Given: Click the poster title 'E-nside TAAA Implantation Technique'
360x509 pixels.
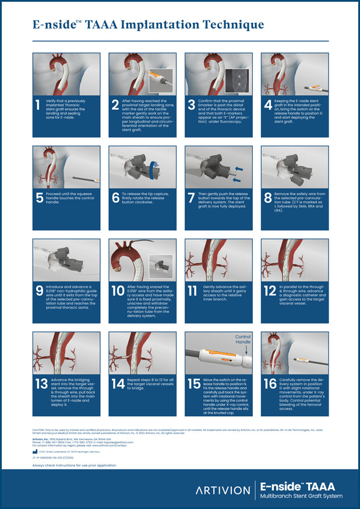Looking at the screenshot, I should pyautogui.click(x=148, y=24).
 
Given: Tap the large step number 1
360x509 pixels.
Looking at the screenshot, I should pyautogui.click(x=38, y=106).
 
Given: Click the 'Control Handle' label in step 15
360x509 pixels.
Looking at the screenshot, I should pyautogui.click(x=243, y=340).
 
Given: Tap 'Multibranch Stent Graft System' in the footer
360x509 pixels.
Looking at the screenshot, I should pyautogui.click(x=301, y=496).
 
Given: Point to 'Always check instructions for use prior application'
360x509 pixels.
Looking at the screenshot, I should pyautogui.click(x=74, y=465).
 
